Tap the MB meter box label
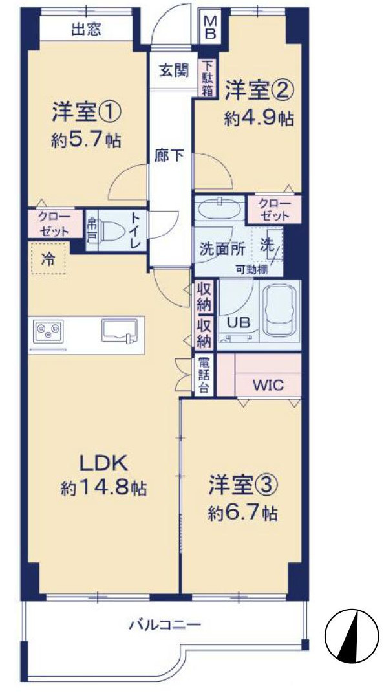(x=209, y=28)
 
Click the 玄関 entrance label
(x=173, y=71)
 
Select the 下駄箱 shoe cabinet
(x=207, y=78)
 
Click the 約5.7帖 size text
(x=86, y=140)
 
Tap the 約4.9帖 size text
(x=259, y=119)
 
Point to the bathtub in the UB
(x=279, y=312)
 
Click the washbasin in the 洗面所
(x=218, y=211)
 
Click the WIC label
(x=268, y=384)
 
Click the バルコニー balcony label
(x=165, y=626)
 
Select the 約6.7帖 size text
(x=243, y=513)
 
